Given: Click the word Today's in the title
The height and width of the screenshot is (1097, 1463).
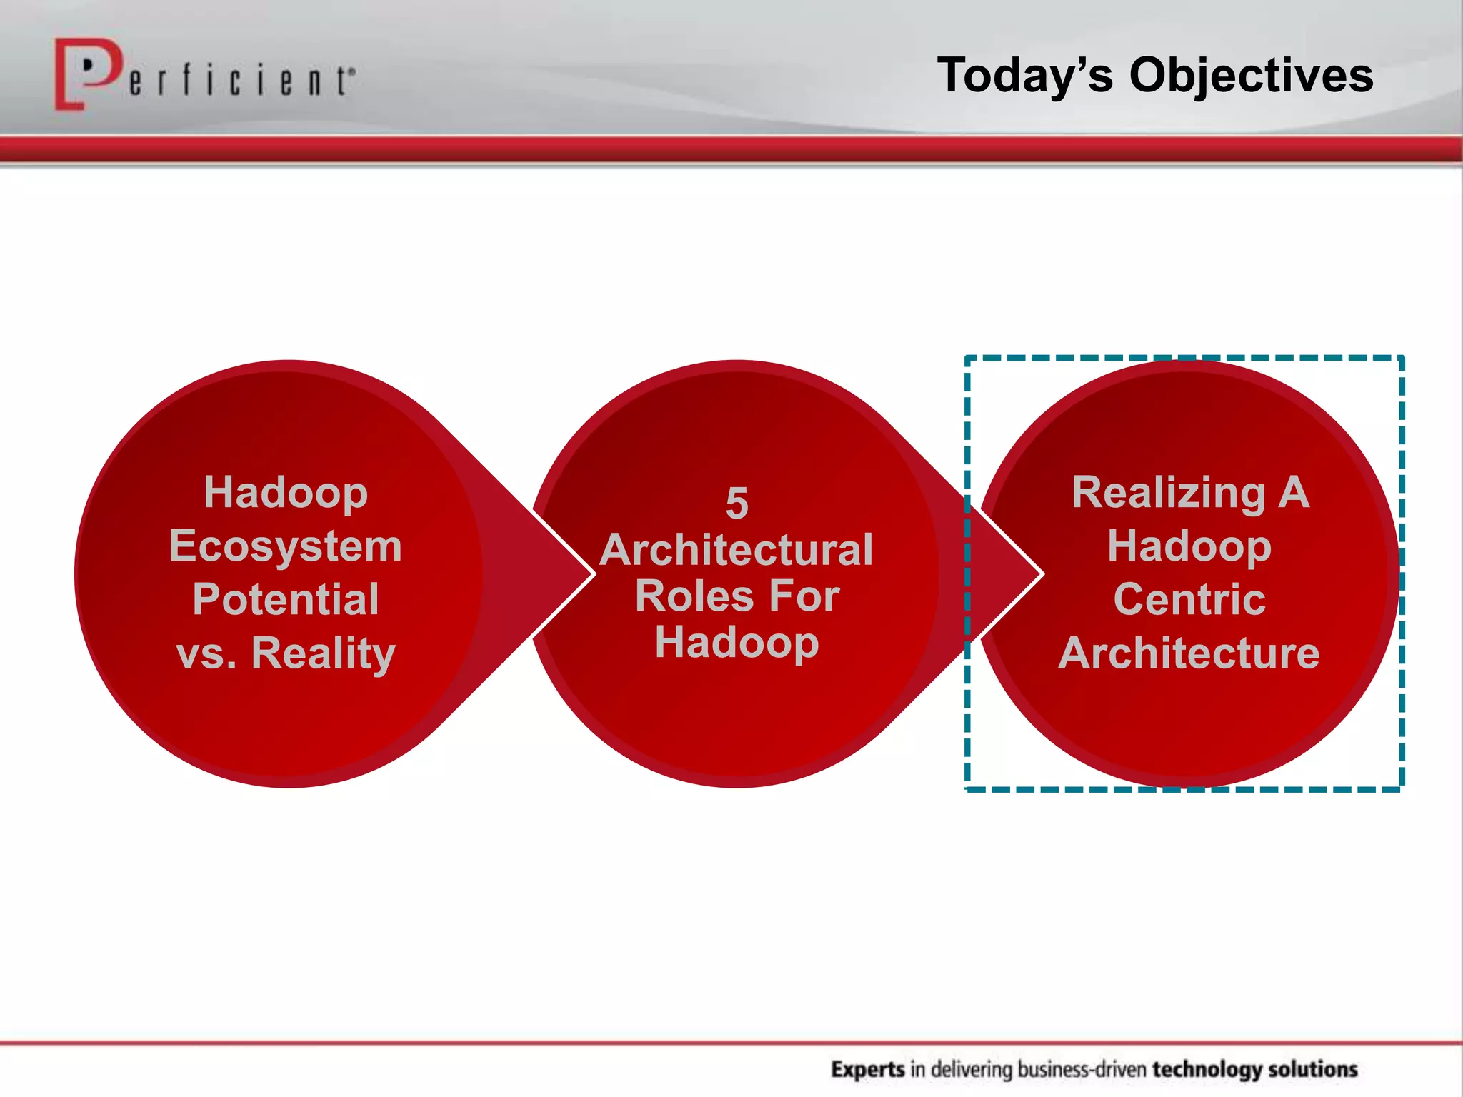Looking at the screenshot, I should pyautogui.click(x=1024, y=76).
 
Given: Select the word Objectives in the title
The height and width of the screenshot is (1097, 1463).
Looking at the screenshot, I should pyautogui.click(x=1251, y=76).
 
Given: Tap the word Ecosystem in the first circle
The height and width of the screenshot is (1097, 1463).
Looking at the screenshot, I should pyautogui.click(x=286, y=546).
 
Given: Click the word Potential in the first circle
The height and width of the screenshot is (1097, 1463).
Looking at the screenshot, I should pyautogui.click(x=286, y=599).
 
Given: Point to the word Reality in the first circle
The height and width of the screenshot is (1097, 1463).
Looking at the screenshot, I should pyautogui.click(x=323, y=653).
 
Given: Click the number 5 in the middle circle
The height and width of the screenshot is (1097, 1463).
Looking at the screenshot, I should pyautogui.click(x=737, y=504).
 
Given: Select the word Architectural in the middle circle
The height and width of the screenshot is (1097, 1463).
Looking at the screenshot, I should pyautogui.click(x=737, y=550).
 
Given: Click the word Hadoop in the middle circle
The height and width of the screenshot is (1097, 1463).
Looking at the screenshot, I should pyautogui.click(x=737, y=643).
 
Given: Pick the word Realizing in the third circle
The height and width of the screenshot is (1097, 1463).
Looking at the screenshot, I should pyautogui.click(x=1168, y=493).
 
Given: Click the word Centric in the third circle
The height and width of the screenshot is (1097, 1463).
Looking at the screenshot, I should pyautogui.click(x=1189, y=599).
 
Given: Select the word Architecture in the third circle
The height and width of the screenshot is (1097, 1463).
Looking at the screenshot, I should pyautogui.click(x=1189, y=653).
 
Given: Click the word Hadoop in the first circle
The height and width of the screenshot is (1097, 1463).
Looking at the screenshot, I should pyautogui.click(x=286, y=493).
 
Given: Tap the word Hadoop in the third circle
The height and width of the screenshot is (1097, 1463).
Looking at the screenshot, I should pyautogui.click(x=1189, y=546).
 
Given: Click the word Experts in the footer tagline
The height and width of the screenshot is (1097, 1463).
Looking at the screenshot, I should pyautogui.click(x=868, y=1069).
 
